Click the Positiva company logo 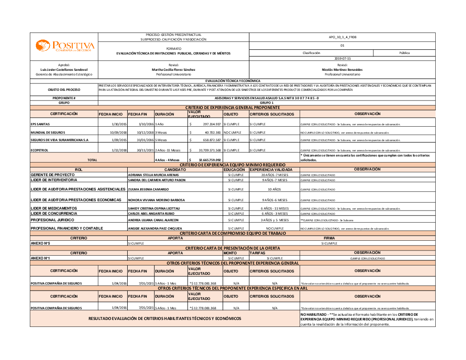(x=65, y=46)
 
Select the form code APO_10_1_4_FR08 (x=343, y=37)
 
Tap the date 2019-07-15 (x=343, y=58)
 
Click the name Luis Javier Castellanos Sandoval (x=64, y=69)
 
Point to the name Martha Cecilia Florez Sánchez (x=174, y=69)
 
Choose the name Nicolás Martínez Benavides (x=343, y=69)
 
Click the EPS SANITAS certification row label (x=40, y=124)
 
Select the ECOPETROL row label (x=40, y=150)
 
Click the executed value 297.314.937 (x=212, y=124)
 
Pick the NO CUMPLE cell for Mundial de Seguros (x=233, y=133)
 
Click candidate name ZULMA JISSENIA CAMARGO (x=148, y=190)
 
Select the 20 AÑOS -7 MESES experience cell (x=274, y=175)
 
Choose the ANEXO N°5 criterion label (x=40, y=243)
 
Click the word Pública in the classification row (x=404, y=53)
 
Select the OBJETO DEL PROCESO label (x=64, y=89)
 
